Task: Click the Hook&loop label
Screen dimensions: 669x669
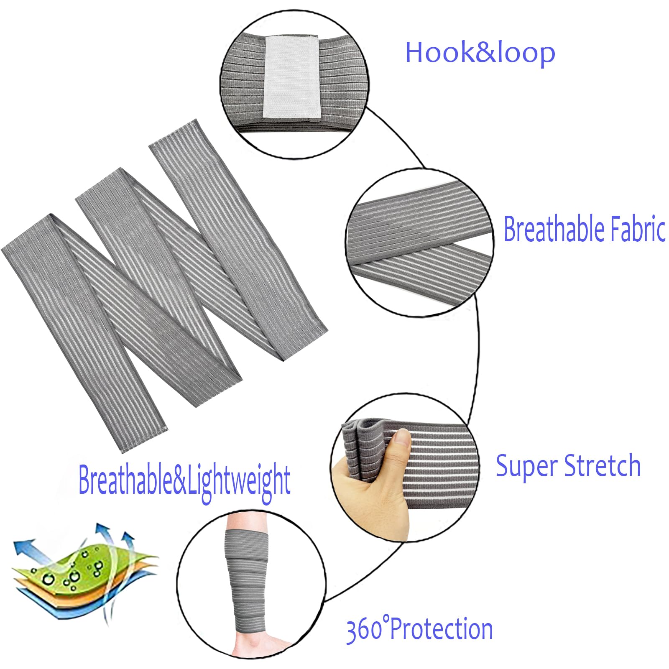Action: (480, 53)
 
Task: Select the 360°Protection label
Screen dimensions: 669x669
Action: (419, 630)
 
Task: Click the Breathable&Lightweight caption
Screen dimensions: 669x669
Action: (184, 481)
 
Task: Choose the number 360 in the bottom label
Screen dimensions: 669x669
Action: (364, 631)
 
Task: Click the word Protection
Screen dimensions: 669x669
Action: (441, 630)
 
